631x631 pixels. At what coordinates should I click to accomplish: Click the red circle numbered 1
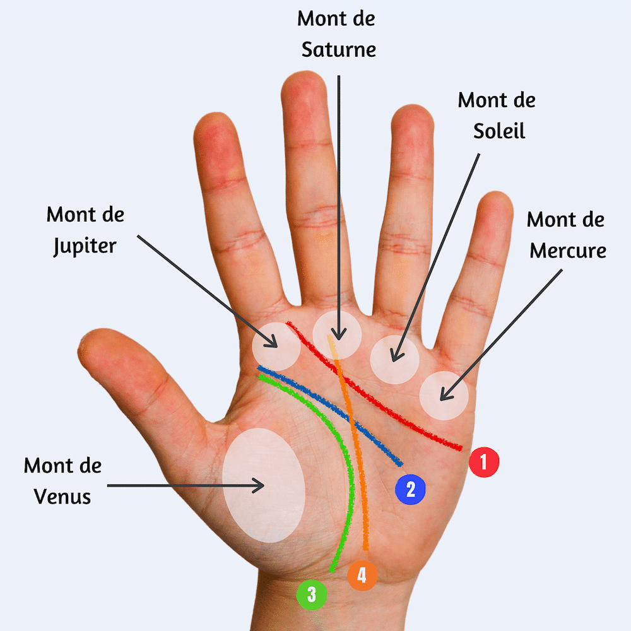[x=484, y=462]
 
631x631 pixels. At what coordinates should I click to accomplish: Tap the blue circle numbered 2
[x=410, y=490]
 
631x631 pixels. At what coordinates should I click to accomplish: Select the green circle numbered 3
[x=312, y=595]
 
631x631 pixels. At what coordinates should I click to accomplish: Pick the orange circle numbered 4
[x=362, y=575]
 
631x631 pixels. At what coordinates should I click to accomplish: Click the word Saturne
[x=338, y=50]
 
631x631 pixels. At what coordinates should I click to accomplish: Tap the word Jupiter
[x=85, y=246]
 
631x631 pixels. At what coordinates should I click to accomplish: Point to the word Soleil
[x=499, y=131]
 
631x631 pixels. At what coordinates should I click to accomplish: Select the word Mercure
[x=568, y=251]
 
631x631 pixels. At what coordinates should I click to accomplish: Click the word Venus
[x=62, y=497]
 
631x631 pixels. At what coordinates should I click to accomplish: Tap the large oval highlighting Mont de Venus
[x=264, y=485]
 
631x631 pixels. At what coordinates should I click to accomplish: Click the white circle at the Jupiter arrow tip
[x=276, y=346]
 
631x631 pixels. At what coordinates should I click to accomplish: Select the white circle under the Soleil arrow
[x=394, y=360]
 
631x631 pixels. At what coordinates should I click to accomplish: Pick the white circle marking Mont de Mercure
[x=444, y=396]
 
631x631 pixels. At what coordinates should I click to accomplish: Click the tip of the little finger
[x=497, y=193]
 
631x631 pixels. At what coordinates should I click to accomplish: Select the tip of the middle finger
[x=304, y=73]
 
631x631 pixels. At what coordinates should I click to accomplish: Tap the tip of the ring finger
[x=412, y=107]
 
